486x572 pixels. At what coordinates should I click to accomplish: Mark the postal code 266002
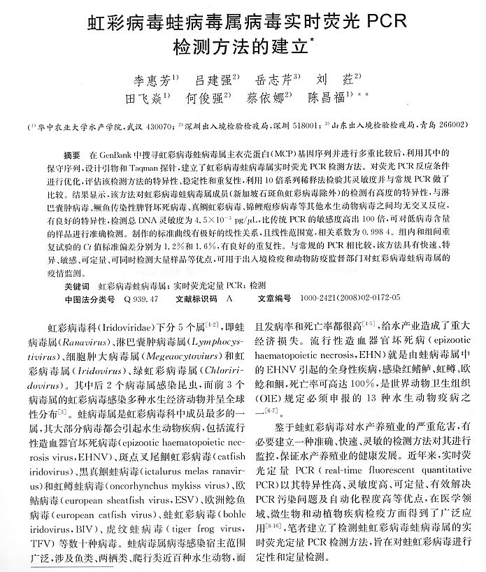[x=445, y=127]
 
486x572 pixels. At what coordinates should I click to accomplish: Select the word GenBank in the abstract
[x=123, y=153]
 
